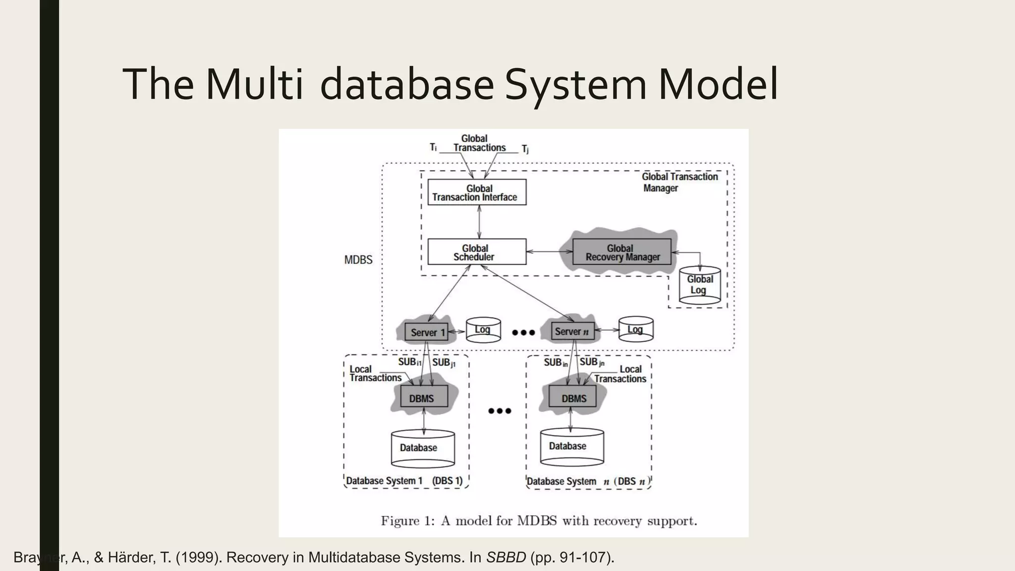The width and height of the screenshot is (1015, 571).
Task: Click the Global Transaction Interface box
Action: [477, 192]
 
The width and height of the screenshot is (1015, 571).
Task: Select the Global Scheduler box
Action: [477, 252]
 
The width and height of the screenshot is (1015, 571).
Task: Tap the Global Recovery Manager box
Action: [622, 252]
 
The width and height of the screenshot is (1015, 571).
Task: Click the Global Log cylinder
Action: [699, 286]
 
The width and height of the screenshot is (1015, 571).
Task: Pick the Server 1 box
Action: [426, 332]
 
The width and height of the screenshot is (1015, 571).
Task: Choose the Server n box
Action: [572, 332]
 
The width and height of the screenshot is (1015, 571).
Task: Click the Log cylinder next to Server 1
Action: [483, 330]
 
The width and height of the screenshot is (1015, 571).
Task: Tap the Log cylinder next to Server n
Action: [636, 330]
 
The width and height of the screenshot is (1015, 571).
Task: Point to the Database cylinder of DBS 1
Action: [422, 448]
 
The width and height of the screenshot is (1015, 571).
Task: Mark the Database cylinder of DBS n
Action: [571, 447]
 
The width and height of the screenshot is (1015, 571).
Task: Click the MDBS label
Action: [358, 260]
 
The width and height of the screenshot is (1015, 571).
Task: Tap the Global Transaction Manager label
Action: [679, 182]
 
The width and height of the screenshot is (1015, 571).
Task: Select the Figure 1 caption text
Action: [539, 521]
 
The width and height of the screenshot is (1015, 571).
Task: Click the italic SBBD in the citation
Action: [506, 558]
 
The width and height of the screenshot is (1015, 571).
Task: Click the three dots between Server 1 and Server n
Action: [523, 332]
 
